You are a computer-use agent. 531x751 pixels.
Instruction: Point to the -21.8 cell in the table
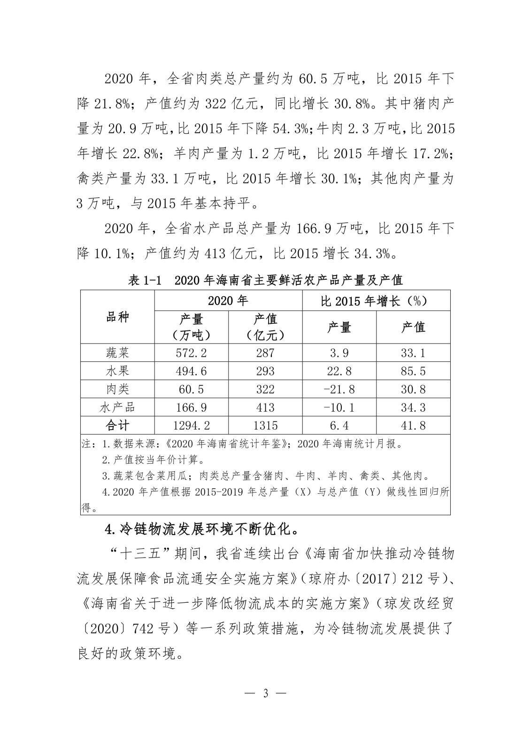(339, 389)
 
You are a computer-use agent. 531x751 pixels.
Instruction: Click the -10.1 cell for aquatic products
(339, 407)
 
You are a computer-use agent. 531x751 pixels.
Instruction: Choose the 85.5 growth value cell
(413, 371)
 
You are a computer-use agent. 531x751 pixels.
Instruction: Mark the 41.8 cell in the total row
(413, 425)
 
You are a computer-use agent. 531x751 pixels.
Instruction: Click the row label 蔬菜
(117, 353)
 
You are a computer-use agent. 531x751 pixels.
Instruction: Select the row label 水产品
(117, 407)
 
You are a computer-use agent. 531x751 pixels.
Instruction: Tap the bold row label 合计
(117, 425)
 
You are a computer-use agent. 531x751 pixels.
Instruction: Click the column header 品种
(117, 317)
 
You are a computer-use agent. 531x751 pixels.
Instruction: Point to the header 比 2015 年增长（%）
(375, 301)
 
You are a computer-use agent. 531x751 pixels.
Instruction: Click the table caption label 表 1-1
(145, 281)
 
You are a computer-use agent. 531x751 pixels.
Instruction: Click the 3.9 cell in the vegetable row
(339, 353)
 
